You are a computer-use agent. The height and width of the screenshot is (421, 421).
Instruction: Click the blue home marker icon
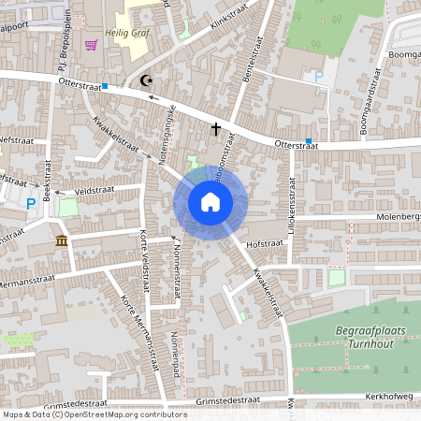[210, 202]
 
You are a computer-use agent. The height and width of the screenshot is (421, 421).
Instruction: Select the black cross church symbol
[216, 128]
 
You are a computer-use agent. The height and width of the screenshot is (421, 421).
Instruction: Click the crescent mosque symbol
[145, 81]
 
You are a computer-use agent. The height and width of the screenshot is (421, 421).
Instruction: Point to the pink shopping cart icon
[91, 44]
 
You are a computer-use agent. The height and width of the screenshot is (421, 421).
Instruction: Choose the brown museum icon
[62, 242]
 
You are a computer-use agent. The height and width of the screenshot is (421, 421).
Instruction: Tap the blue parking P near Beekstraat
[31, 202]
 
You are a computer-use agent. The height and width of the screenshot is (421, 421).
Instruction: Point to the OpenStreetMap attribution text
[94, 414]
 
